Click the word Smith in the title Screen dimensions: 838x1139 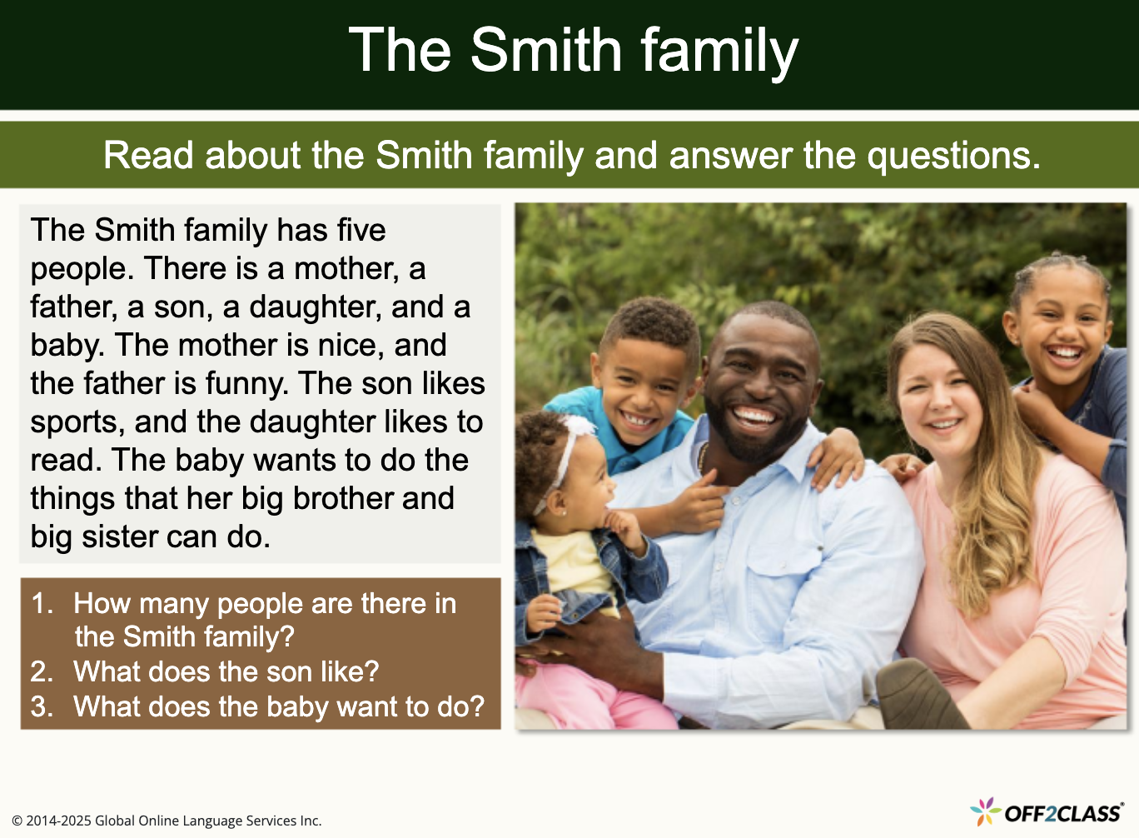545,50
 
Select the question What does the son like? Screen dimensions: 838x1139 226,671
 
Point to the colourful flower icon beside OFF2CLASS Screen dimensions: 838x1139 985,811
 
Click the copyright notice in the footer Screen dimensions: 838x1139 167,821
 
